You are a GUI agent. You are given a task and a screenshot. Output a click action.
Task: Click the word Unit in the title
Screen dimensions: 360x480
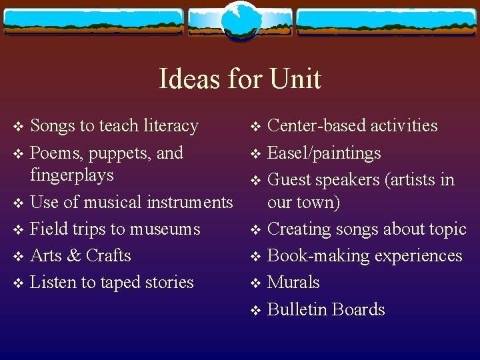click(x=295, y=79)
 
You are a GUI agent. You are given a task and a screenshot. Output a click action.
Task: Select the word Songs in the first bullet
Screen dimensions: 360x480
click(x=53, y=126)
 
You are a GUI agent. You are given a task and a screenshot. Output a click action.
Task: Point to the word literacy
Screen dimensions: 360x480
click(x=169, y=126)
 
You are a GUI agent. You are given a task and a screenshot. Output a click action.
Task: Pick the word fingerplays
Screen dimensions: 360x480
click(x=72, y=175)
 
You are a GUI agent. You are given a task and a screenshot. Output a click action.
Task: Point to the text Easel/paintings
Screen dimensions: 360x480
click(x=324, y=153)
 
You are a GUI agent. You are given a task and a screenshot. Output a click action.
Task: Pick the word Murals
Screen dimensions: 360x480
click(x=293, y=283)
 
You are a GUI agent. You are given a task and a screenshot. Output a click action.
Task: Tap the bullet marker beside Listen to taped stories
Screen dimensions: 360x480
click(x=18, y=283)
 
